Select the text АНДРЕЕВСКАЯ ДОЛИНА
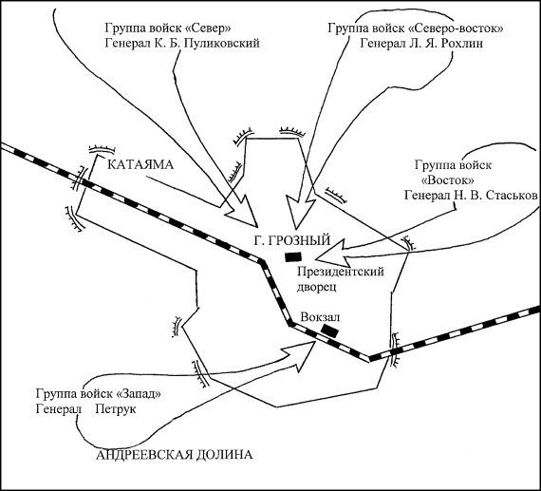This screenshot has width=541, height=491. click(176, 456)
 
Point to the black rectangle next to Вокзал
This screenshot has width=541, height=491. click(330, 330)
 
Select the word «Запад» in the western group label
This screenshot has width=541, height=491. click(133, 392)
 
